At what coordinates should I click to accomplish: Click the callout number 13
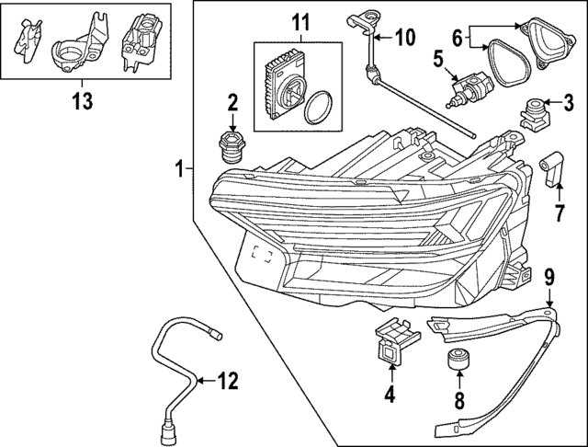[82, 101]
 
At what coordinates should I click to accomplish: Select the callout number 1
[182, 168]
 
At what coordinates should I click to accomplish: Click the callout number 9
[548, 275]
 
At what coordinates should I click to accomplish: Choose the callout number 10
[404, 38]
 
